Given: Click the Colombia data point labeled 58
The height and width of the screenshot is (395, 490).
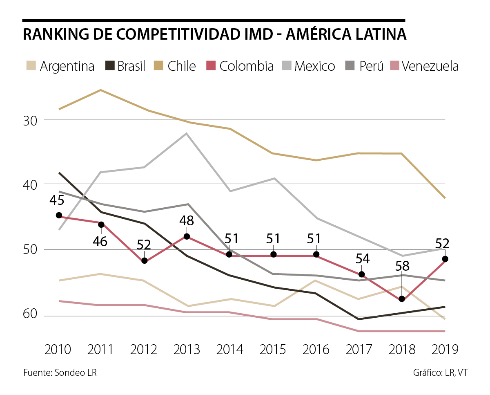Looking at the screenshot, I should click(402, 299).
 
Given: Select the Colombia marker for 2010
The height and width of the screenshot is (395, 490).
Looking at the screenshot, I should click(59, 215).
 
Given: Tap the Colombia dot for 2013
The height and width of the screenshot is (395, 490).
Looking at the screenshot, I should click(187, 236).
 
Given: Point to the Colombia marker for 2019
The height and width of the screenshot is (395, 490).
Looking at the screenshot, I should click(445, 259).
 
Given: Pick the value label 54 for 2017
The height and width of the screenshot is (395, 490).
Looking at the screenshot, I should click(361, 259).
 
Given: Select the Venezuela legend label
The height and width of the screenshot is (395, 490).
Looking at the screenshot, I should click(430, 66).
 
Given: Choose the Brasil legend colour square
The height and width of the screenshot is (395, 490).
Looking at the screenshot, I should click(110, 66).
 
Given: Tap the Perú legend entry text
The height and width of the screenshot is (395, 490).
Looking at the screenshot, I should click(372, 66).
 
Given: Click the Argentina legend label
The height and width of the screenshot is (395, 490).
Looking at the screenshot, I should click(67, 66).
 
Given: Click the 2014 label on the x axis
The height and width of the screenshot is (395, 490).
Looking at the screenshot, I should click(229, 350).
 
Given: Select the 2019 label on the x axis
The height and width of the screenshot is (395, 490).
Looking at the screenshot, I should click(445, 350).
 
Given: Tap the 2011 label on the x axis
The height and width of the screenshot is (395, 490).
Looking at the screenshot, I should click(101, 350).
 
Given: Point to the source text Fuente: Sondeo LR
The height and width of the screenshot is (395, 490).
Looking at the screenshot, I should click(60, 373).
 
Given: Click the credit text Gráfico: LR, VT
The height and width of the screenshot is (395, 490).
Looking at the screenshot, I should click(441, 373).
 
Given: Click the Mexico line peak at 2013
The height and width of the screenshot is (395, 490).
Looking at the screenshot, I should click(187, 133).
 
